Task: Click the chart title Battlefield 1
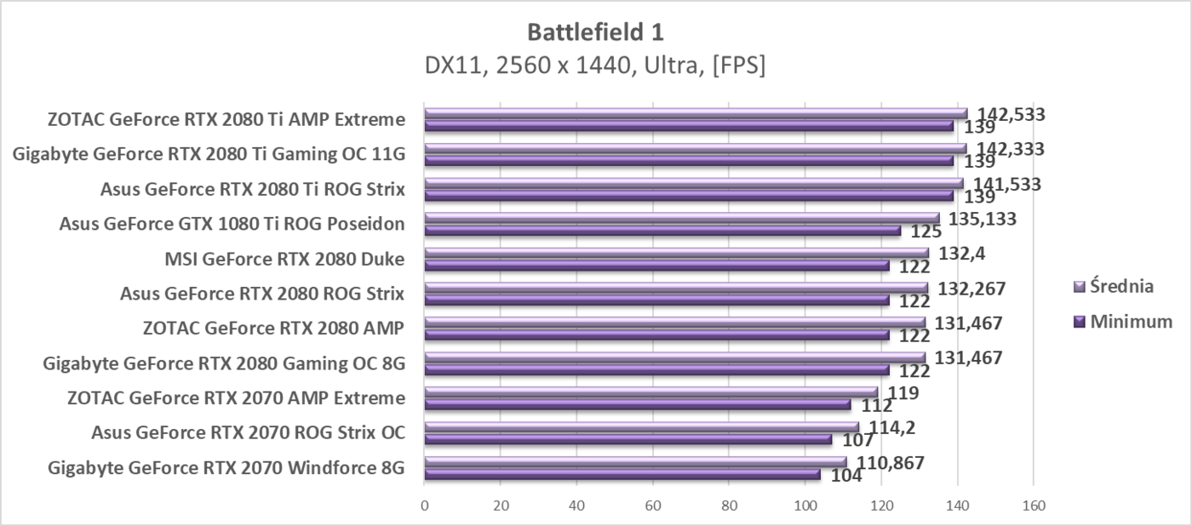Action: (x=595, y=32)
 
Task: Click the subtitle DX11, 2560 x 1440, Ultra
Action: (x=595, y=66)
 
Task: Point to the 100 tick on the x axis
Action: (x=805, y=505)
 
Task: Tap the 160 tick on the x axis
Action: (x=1033, y=505)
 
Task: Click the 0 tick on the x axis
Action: (x=425, y=505)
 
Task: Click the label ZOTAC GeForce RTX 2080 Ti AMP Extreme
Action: (x=226, y=119)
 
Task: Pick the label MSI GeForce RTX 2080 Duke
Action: (x=284, y=259)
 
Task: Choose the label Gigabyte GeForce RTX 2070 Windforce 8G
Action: (x=226, y=468)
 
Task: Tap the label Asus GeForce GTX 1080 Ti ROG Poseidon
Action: (x=232, y=224)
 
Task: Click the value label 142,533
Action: (x=1011, y=114)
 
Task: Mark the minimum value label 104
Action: (x=846, y=476)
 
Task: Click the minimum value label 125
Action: (x=926, y=232)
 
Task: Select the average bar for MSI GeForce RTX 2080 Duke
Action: (x=677, y=253)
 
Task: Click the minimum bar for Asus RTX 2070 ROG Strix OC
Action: (x=628, y=439)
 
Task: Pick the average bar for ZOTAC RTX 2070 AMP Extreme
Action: (x=651, y=392)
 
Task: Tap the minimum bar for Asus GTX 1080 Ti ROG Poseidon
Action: (x=662, y=230)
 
